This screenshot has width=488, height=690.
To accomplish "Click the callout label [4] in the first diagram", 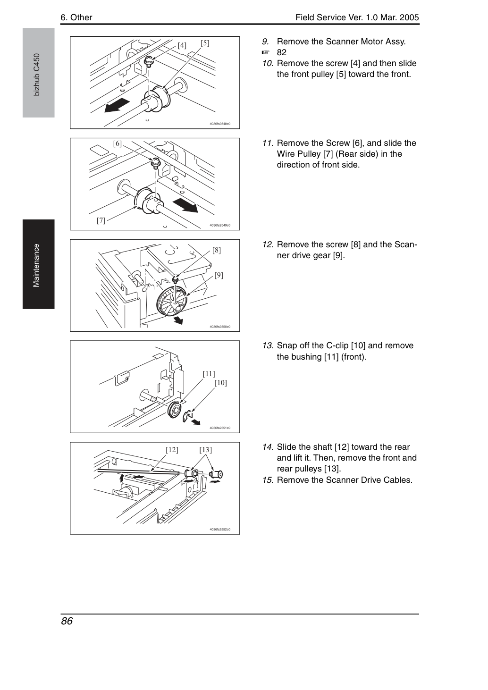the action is click(x=182, y=45).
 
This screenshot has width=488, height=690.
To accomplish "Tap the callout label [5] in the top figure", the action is click(x=205, y=43).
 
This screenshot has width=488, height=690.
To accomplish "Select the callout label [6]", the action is click(x=118, y=143).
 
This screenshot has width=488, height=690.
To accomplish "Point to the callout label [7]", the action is click(x=101, y=220).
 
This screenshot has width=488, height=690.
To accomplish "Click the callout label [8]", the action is click(x=217, y=250).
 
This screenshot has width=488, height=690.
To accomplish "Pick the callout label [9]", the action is click(x=219, y=275).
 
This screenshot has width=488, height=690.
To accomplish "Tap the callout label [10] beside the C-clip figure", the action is click(x=220, y=383).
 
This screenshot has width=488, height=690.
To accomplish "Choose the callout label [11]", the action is click(x=209, y=374).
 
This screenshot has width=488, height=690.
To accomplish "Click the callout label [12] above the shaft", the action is click(x=172, y=450).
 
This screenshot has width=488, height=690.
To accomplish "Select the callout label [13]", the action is click(x=205, y=450).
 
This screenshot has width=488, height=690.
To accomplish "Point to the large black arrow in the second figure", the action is click(x=185, y=205).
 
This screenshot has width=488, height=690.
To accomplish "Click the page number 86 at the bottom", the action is click(x=67, y=621).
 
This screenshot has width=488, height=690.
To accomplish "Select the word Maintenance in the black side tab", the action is click(x=36, y=266).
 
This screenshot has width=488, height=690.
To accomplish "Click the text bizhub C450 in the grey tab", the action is click(x=37, y=75).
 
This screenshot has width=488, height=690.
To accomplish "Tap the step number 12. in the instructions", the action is click(x=268, y=244).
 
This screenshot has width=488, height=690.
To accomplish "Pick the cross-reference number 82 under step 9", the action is click(x=282, y=53).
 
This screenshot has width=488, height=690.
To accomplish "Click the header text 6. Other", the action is click(x=76, y=17).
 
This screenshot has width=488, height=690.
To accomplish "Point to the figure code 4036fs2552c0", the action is click(x=220, y=530).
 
